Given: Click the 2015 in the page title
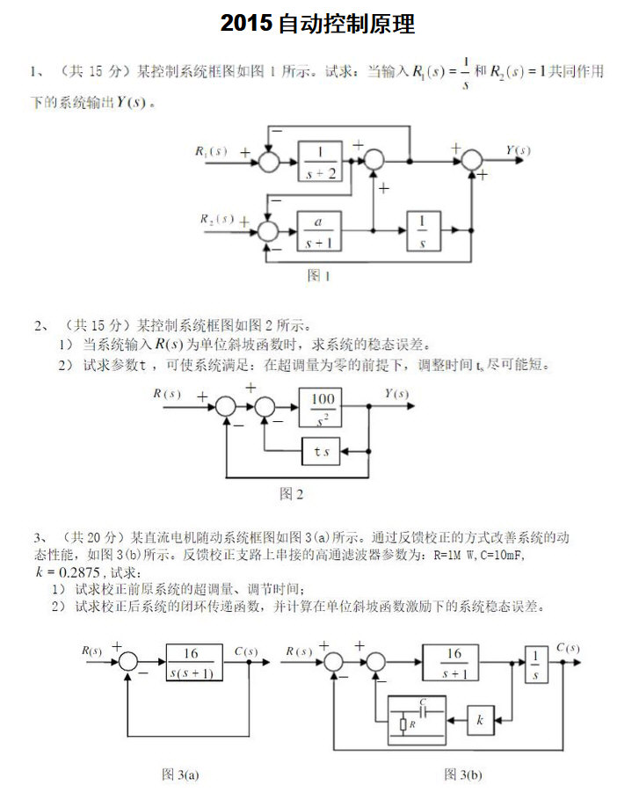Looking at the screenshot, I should point(246,24).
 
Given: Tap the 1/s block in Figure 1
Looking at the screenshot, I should point(424,231).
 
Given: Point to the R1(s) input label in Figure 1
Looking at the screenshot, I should point(211,151).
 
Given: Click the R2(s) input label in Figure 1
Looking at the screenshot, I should point(216,218).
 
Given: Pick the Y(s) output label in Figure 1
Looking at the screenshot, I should point(519,150).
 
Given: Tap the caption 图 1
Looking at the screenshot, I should point(318,275).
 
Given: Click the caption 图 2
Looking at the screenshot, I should point(291,494).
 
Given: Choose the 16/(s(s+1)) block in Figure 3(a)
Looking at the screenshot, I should point(194,663).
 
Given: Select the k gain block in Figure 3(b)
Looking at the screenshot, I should point(481,719).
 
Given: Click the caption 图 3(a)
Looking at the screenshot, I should point(181,774).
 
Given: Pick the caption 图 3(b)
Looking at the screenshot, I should point(463,774).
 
